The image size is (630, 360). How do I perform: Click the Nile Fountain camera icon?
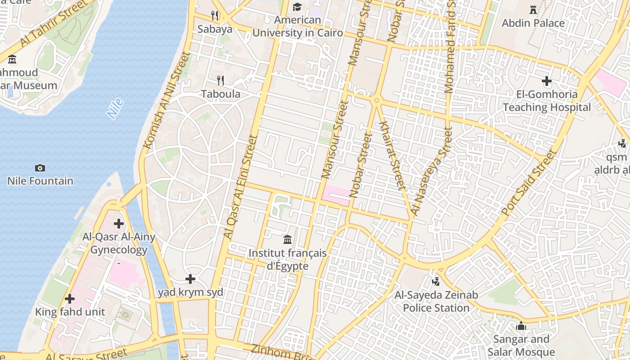click(40, 168)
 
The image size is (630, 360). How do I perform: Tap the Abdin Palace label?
click(533, 23)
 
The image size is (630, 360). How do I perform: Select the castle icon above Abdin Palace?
click(533, 9)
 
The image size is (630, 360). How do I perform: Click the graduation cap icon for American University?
click(297, 7)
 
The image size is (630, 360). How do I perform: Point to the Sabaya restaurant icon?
click(215, 16)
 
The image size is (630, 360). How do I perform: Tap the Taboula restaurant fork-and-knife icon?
click(220, 81)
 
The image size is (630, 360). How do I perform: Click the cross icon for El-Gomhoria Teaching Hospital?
click(547, 81)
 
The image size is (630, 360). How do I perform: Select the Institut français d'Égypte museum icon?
click(288, 239)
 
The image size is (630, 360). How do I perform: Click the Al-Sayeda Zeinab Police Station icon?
click(435, 282)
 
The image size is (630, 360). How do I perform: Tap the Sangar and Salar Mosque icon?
click(521, 325)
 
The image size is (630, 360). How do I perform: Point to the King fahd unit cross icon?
click(70, 298)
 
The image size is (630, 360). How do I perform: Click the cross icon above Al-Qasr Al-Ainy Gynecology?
click(119, 223)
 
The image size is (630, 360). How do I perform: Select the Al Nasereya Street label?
click(431, 171)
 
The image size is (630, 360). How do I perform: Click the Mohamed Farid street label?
click(450, 47)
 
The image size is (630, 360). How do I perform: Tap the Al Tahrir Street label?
click(53, 24)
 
